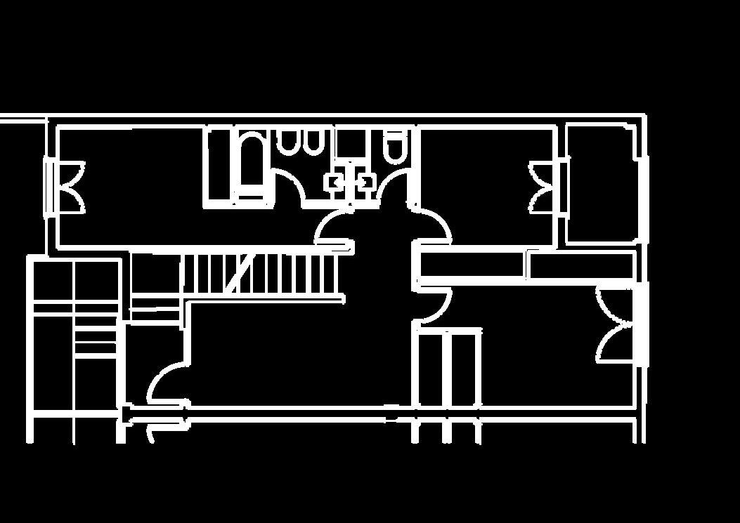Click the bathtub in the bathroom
[249, 166]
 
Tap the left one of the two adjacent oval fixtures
[287, 143]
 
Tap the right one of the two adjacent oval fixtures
[313, 143]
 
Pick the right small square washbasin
[365, 182]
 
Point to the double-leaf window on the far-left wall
[65, 187]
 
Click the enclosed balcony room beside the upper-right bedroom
[601, 184]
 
